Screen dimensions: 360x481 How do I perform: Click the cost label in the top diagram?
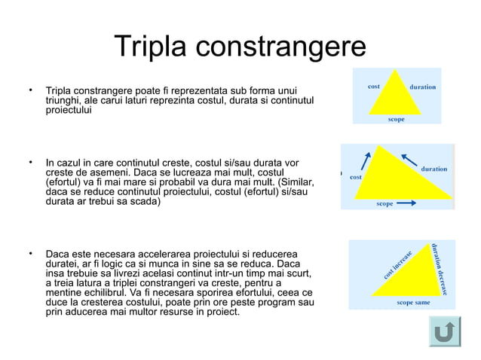coord(372,86)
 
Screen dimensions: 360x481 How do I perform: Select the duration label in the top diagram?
coord(422,87)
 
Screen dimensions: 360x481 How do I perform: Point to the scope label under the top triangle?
coord(396,119)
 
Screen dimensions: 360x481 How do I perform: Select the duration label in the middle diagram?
coord(434,169)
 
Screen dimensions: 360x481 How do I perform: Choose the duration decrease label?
coord(442,267)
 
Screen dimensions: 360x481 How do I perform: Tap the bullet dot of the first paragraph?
coord(31,91)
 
